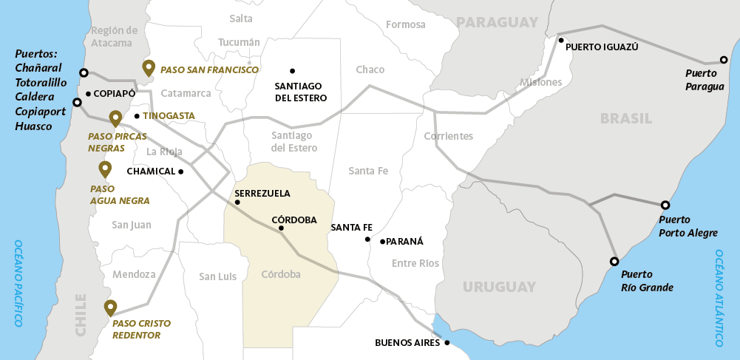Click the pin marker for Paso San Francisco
(x=149, y=68)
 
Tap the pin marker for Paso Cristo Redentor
(x=110, y=308)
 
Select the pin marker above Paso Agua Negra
(x=105, y=169)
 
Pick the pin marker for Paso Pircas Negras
(x=115, y=118)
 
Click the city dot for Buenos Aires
(x=447, y=342)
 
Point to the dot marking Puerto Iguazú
(x=561, y=40)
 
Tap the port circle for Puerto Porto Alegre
(x=665, y=205)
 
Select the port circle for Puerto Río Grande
(x=614, y=262)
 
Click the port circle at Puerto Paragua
(x=724, y=60)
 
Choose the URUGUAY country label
(x=499, y=287)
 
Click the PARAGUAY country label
(x=497, y=22)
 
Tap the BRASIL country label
(x=626, y=118)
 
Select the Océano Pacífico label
(x=18, y=283)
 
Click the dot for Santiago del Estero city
(x=293, y=71)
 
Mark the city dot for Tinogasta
(x=137, y=116)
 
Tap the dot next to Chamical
(x=181, y=171)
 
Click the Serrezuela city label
(x=262, y=194)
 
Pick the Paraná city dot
(x=382, y=241)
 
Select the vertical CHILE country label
(x=81, y=314)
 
